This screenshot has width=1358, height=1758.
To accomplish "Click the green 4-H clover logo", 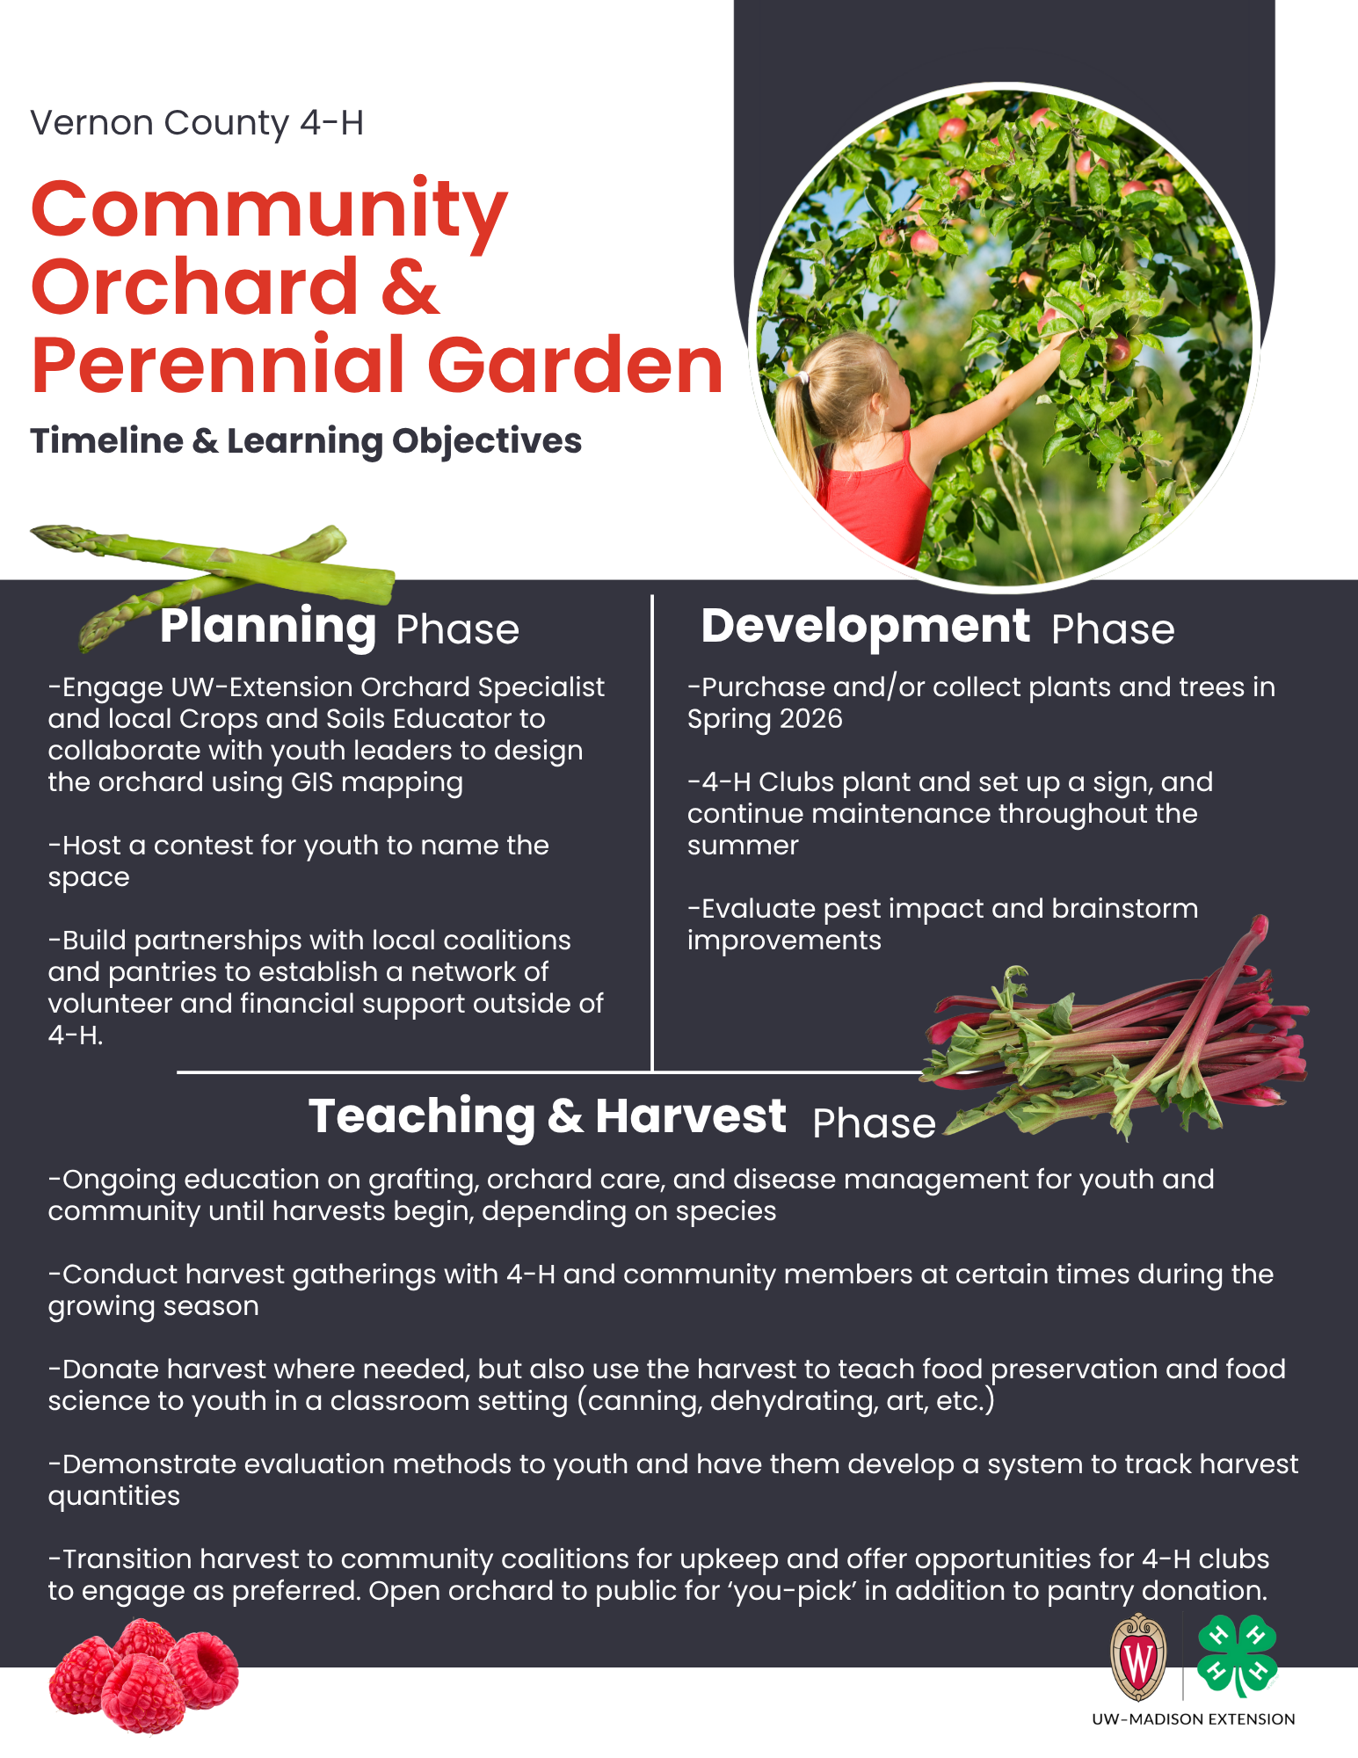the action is pos(1238,1656).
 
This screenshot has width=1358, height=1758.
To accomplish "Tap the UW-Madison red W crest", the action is pos(1139,1658).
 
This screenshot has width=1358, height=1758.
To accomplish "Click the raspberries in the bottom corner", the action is pos(143,1675).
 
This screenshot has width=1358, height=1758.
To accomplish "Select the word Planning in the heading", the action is pos(268,627).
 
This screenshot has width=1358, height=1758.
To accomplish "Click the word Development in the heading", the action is pos(865,626).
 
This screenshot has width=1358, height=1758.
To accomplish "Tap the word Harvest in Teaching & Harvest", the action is pos(691,1116).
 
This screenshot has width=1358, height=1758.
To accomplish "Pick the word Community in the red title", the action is pos(269,212).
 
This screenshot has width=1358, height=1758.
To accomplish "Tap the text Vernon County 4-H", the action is pos(197,123).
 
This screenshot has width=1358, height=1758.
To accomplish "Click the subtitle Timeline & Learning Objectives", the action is pos(306,441).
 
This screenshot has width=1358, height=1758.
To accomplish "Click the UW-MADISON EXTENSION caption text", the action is pos(1193,1719).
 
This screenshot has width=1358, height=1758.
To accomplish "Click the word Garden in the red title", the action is pos(575,366).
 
